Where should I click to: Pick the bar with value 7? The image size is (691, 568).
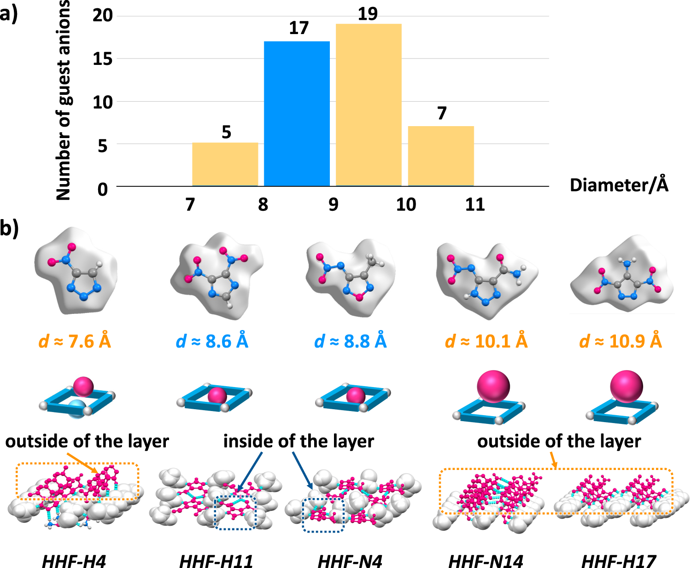tap(441, 156)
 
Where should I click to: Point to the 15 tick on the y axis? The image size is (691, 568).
tap(103, 59)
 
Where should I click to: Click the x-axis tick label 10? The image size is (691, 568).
tap(406, 204)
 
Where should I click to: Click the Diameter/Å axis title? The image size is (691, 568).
tap(619, 185)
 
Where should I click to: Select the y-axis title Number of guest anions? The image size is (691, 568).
tap(63, 100)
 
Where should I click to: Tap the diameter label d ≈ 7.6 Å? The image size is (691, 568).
tap(75, 342)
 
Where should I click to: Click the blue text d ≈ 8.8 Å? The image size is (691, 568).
tap(350, 342)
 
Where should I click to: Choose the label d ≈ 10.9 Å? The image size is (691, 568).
tap(621, 342)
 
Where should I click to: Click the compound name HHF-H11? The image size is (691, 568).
tap(216, 562)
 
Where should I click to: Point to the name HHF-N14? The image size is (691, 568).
tap(486, 562)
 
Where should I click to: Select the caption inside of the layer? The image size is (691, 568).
tap(299, 441)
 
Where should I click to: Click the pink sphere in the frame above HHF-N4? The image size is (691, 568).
tap(355, 395)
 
